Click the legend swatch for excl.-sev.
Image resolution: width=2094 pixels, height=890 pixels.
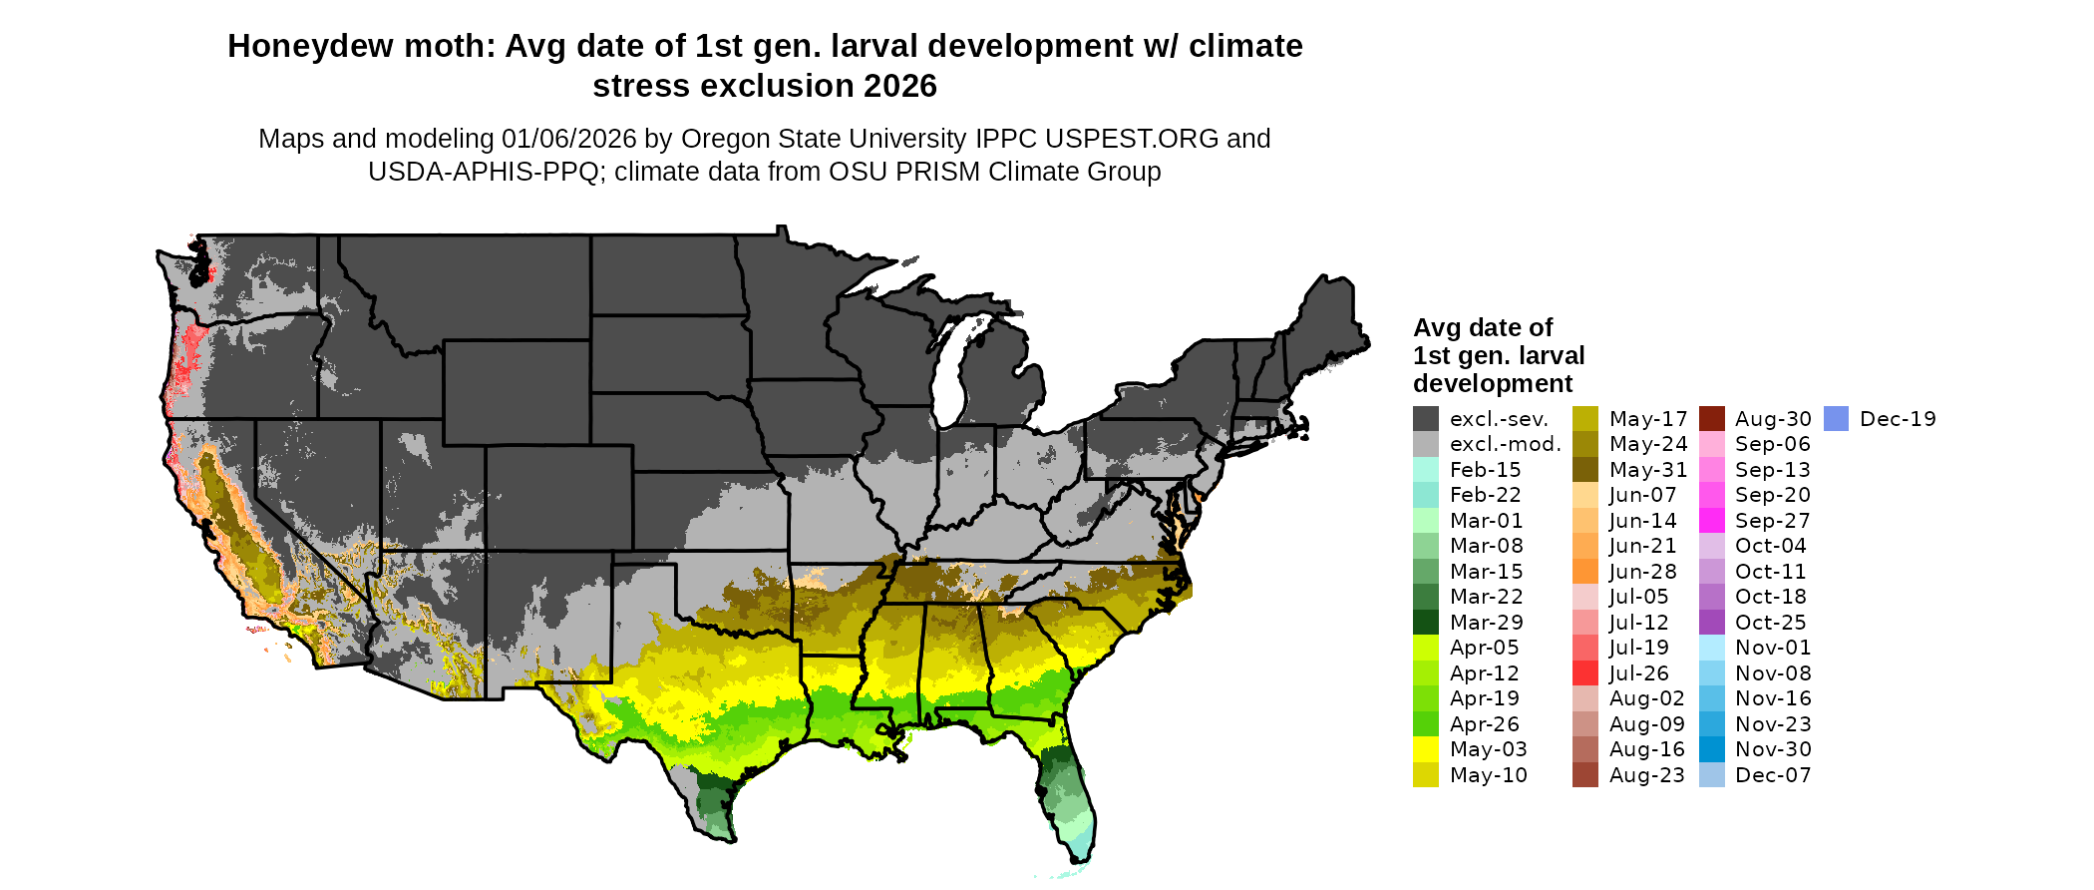point(1426,419)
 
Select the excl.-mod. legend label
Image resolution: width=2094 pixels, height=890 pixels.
point(1505,444)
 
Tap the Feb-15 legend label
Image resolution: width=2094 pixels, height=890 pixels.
point(1485,470)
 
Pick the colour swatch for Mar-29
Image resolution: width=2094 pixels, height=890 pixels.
point(1426,622)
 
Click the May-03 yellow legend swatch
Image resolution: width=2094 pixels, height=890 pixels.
point(1426,749)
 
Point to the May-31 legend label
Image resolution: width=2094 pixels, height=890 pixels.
point(1647,470)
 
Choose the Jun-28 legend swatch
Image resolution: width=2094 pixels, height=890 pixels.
point(1585,572)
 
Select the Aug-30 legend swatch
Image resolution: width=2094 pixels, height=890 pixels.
point(1712,419)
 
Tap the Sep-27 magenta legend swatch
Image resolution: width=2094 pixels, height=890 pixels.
point(1712,521)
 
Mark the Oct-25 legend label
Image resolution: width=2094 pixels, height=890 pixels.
point(1770,623)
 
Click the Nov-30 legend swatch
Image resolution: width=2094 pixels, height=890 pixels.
point(1712,749)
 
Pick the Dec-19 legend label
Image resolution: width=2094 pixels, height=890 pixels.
point(1898,419)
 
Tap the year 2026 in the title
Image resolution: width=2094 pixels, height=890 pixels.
point(900,87)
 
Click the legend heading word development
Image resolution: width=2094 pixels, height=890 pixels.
point(1493,384)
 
